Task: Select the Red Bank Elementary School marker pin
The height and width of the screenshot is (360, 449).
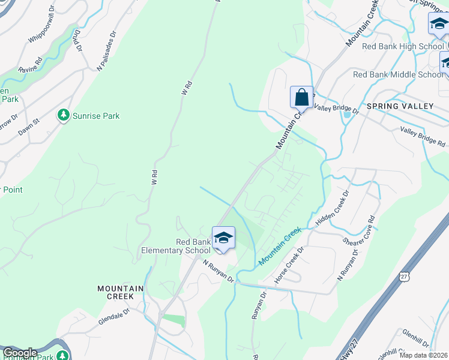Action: click(223, 238)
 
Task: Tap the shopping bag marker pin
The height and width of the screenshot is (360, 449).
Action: click(301, 97)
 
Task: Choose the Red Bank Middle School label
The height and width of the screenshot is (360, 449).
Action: click(398, 74)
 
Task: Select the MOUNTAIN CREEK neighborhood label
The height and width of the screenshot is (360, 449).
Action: click(121, 293)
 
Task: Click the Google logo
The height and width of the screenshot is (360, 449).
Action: click(20, 353)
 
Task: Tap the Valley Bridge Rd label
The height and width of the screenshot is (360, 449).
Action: click(423, 137)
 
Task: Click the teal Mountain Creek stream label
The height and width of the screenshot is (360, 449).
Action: click(279, 247)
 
